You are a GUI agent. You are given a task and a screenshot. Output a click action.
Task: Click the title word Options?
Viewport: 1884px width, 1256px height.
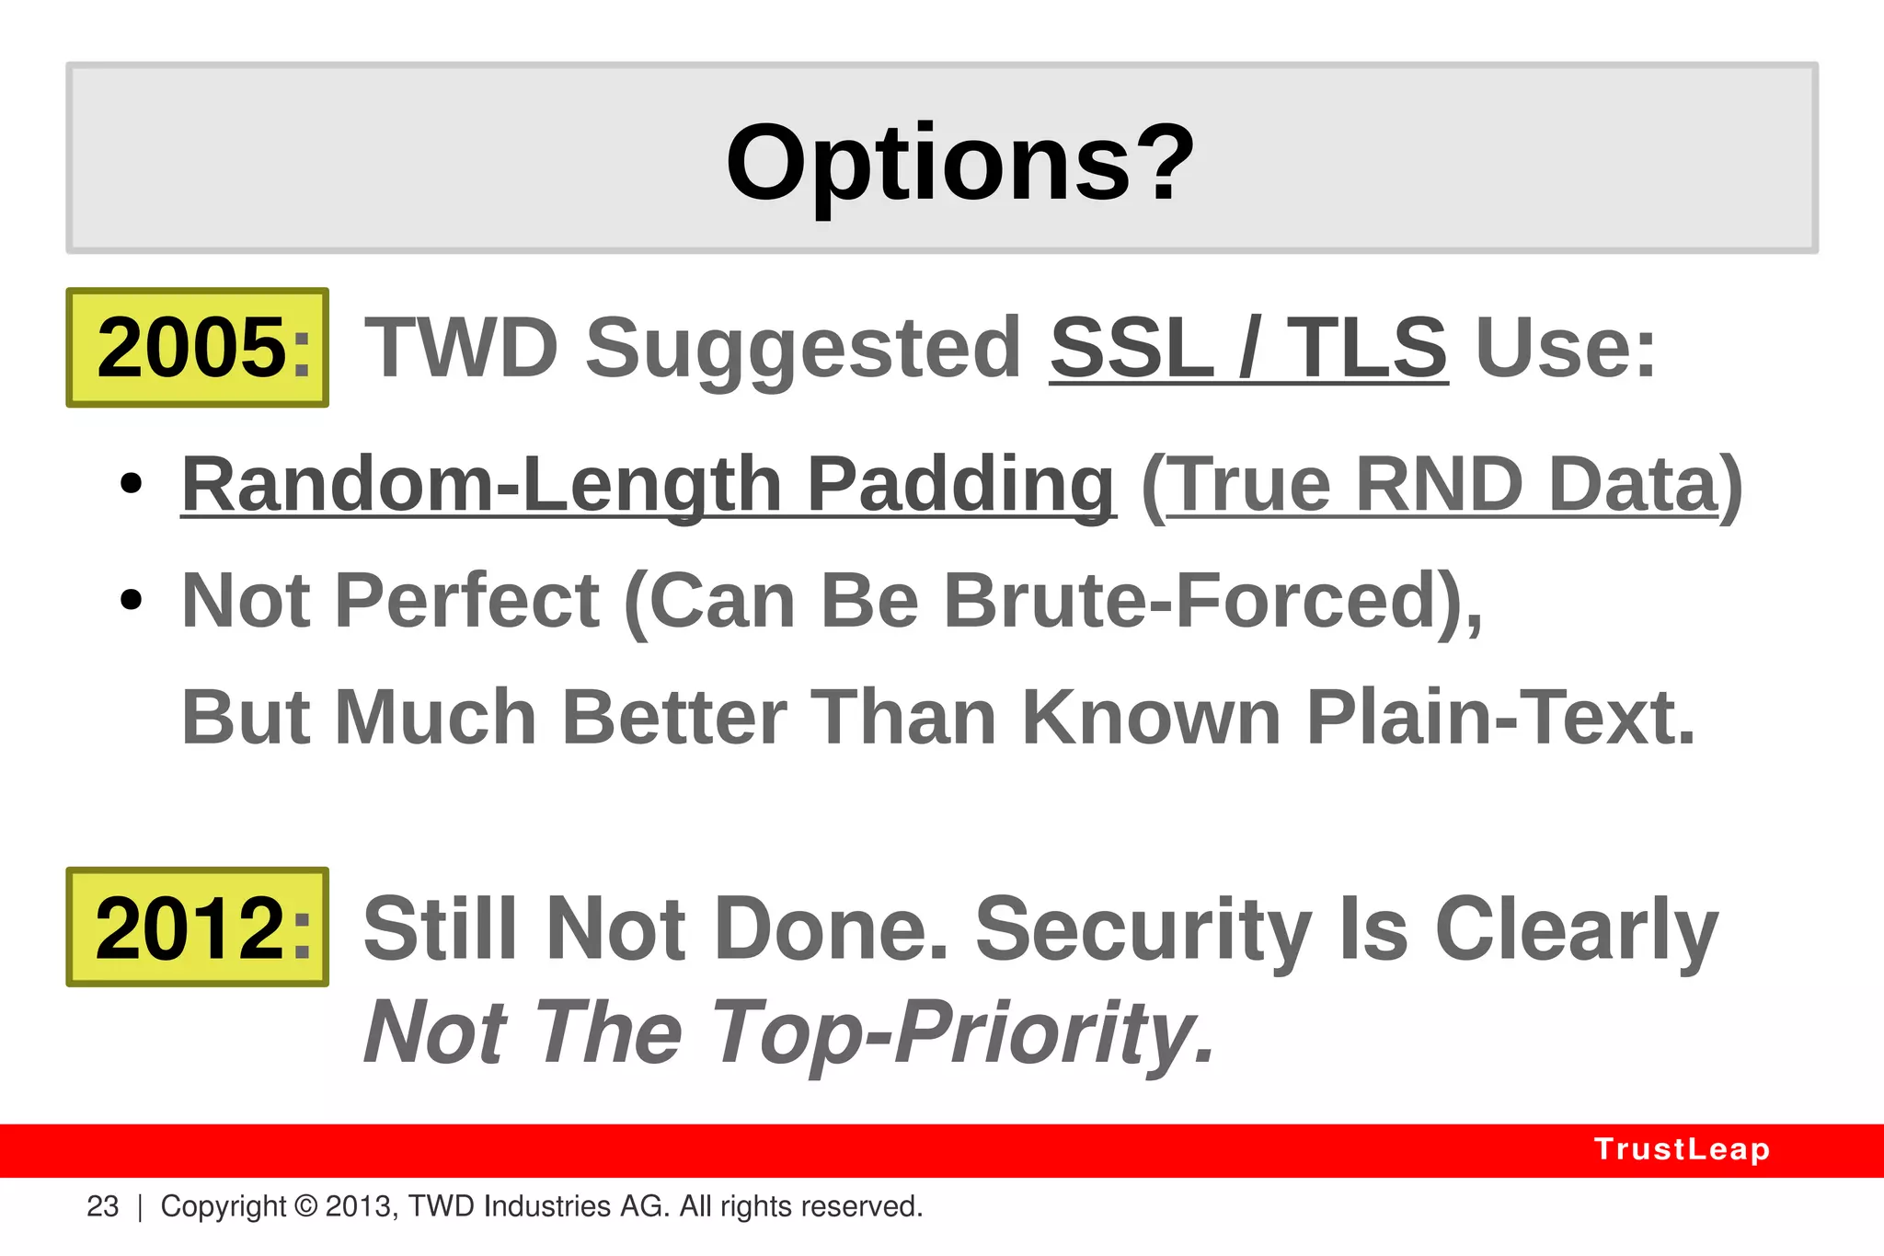[959, 164]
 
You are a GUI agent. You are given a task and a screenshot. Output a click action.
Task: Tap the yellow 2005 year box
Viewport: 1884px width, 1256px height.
[198, 348]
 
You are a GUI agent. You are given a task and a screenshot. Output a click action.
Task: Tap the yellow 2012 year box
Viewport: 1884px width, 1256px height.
[198, 928]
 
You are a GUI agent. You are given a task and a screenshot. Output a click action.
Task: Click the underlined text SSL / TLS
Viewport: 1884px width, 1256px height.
[1248, 348]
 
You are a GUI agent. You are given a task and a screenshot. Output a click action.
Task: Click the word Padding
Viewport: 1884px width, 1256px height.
[960, 485]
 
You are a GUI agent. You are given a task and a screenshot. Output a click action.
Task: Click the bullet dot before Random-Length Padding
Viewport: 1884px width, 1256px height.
[132, 483]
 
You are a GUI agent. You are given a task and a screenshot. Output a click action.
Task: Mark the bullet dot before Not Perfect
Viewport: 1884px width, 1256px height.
[132, 600]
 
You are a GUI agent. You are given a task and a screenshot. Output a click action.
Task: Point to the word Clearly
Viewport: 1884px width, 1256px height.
[1576, 930]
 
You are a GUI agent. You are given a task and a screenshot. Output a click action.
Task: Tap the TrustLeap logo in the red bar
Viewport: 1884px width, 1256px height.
[1682, 1149]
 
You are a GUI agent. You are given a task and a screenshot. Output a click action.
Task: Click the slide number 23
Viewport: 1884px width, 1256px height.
[103, 1206]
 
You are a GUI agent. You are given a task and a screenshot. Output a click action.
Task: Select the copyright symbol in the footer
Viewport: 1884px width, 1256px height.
[306, 1206]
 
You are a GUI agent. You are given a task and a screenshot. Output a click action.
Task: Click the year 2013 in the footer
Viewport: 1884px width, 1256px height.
[360, 1206]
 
